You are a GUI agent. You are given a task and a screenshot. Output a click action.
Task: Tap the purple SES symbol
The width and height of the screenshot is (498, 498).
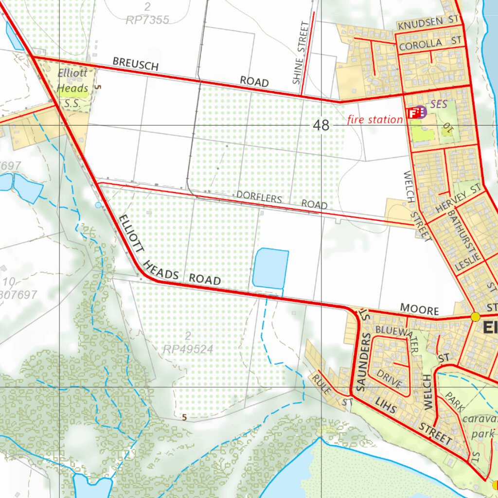pyautogui.click(x=421, y=113)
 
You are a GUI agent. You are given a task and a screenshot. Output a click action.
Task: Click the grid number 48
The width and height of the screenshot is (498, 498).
pyautogui.click(x=321, y=125)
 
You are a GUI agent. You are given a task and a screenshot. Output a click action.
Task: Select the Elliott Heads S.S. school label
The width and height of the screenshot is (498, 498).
pyautogui.click(x=72, y=88)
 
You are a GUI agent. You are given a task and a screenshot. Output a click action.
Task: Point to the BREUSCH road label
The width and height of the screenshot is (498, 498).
pyautogui.click(x=135, y=64)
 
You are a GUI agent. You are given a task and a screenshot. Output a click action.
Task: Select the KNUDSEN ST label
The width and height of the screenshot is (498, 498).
pyautogui.click(x=428, y=21)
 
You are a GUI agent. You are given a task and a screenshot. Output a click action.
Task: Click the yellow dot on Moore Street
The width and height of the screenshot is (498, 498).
pyautogui.click(x=476, y=317)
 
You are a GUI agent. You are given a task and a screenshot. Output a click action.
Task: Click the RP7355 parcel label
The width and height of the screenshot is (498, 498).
pyautogui.click(x=147, y=20)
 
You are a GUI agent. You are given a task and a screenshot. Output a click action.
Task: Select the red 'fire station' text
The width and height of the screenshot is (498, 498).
pyautogui.click(x=374, y=120)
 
